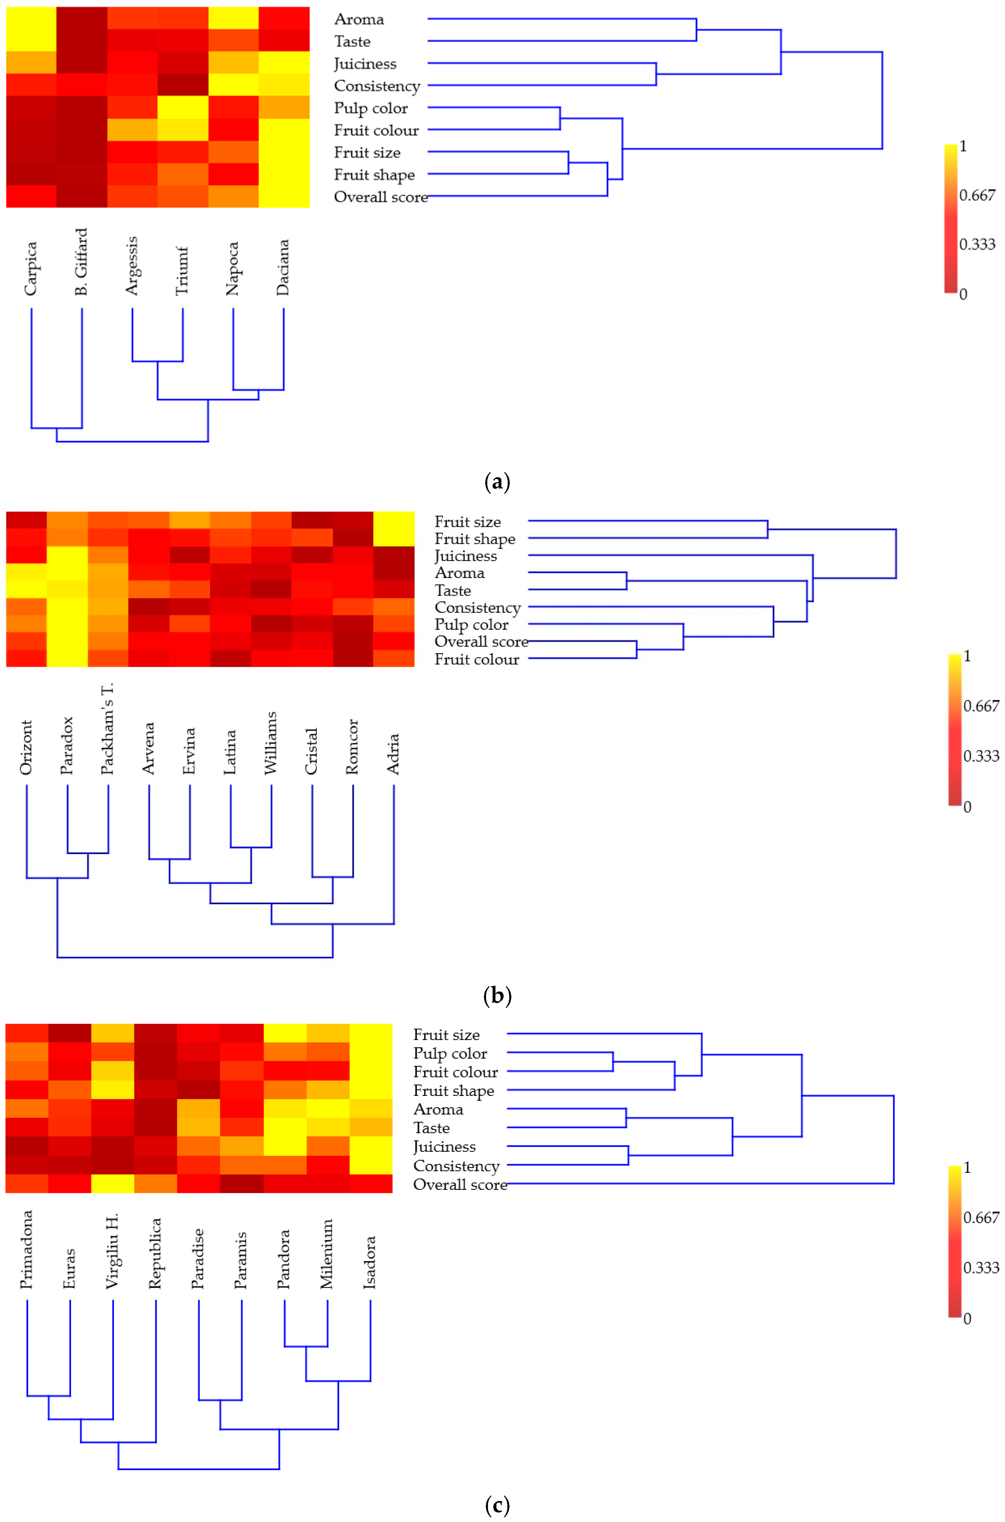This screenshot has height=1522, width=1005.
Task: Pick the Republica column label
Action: coord(155,1254)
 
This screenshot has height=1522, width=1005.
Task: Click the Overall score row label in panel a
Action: coord(381,197)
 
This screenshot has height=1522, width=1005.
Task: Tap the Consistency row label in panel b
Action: coord(478,607)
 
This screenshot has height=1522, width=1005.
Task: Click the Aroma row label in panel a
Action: coord(359,19)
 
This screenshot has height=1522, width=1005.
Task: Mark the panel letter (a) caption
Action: coord(497,482)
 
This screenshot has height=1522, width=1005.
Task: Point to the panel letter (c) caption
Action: coord(497,1505)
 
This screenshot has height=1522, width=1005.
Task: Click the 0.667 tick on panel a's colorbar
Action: coord(977,195)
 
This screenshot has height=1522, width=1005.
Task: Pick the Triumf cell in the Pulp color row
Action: coord(183,107)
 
